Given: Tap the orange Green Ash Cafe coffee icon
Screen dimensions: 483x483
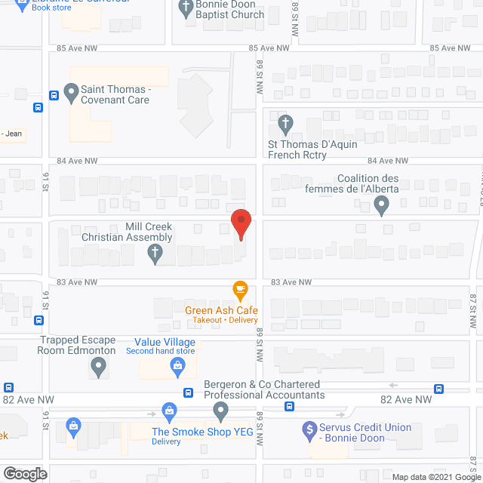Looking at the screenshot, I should tap(241, 289).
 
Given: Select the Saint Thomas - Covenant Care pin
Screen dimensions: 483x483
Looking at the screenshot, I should tap(72, 94).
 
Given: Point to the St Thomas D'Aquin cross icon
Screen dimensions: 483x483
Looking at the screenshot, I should tap(285, 123).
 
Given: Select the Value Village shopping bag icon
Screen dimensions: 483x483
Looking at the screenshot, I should tap(178, 368).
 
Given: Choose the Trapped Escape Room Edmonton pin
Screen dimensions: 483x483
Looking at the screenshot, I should tap(98, 368).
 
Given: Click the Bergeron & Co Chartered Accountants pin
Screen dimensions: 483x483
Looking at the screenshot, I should tap(220, 411).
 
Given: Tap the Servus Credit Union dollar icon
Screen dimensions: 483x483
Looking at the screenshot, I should tap(309, 431).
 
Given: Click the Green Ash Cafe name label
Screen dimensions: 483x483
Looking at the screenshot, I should tap(222, 310).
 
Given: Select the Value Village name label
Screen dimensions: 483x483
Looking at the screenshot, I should tap(160, 342).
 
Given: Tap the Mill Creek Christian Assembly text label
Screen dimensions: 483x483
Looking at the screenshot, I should tap(127, 232).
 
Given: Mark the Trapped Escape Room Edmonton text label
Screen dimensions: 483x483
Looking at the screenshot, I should tap(78, 345).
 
